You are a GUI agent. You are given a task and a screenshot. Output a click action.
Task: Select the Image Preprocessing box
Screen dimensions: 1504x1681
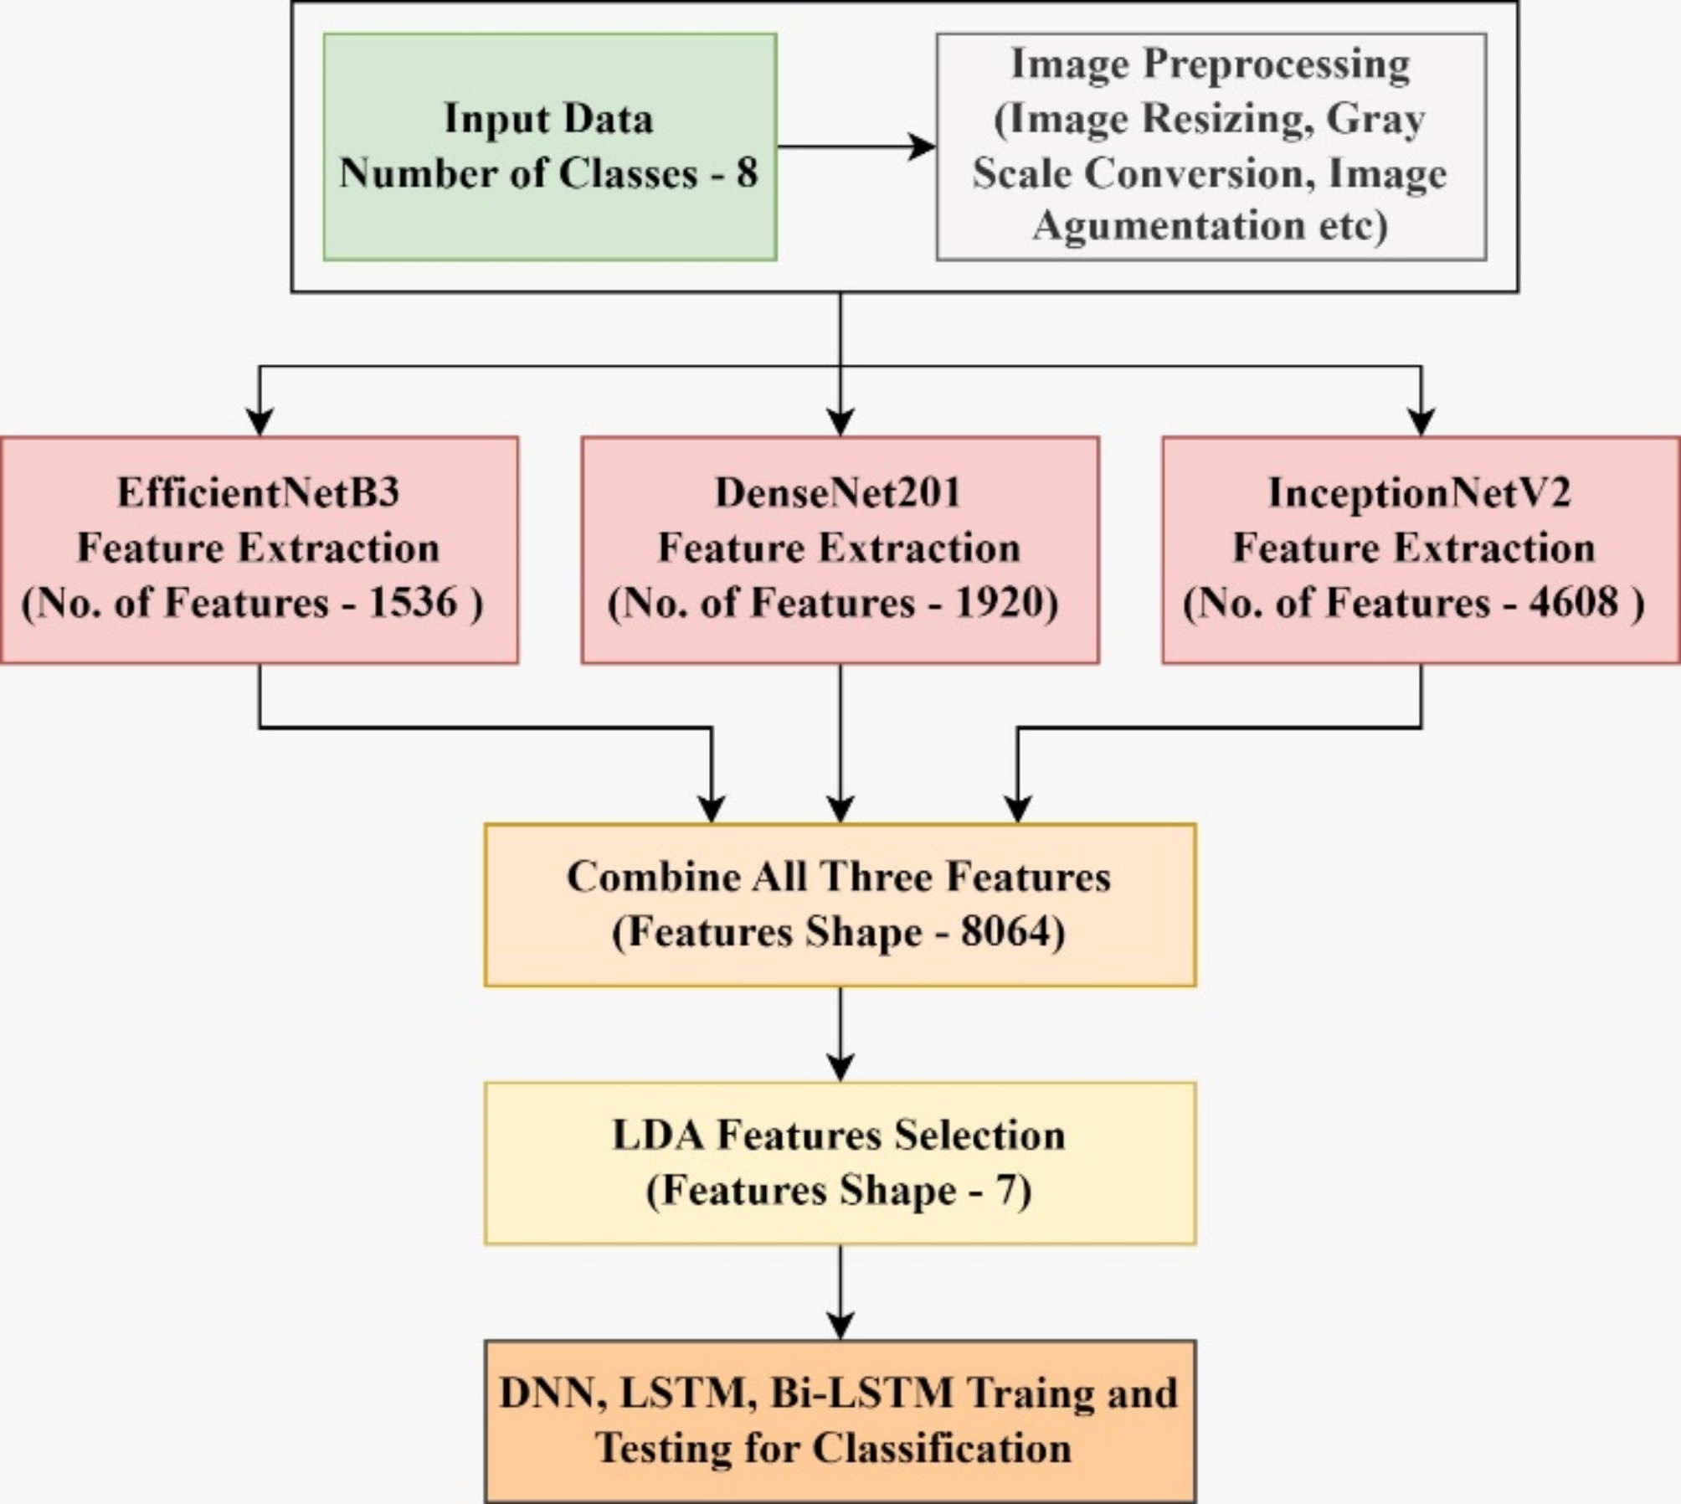1211,147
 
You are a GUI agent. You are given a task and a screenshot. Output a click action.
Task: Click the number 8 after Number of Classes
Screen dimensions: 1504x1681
747,173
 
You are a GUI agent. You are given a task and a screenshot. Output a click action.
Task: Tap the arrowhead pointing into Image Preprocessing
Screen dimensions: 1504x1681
923,147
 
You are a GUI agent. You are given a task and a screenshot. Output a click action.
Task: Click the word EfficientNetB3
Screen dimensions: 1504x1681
258,492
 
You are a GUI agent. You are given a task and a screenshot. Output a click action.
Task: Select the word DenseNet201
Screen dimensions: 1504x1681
837,492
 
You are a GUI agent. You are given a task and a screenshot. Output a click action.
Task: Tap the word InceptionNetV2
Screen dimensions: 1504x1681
1419,492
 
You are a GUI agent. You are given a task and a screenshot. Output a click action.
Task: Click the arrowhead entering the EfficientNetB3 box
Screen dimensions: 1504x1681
260,421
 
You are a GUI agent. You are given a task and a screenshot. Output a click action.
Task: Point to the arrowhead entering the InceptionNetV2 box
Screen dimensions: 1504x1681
1421,421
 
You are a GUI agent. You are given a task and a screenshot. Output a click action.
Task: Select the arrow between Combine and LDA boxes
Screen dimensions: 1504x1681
840,1034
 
